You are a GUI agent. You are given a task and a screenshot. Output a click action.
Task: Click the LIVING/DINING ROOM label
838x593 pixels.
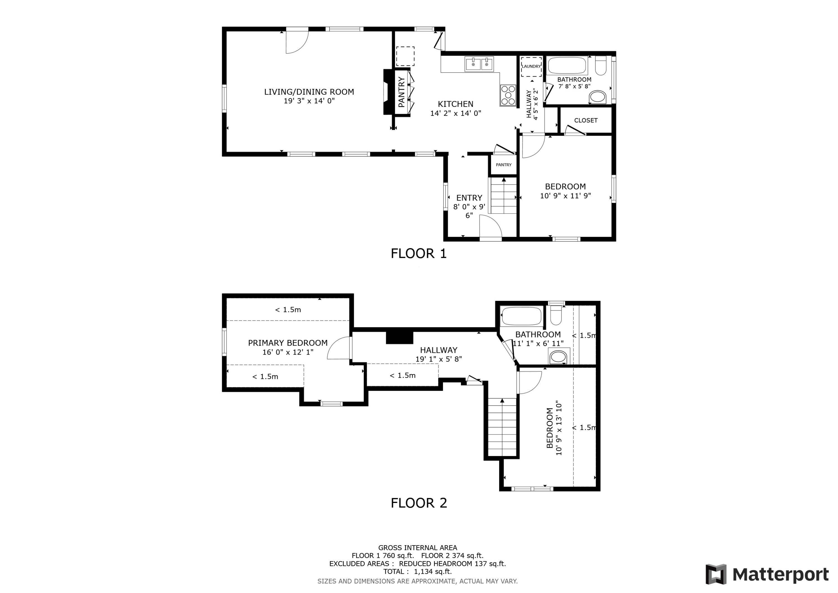click(309, 92)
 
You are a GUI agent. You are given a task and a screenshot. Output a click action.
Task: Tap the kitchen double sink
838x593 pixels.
click(479, 65)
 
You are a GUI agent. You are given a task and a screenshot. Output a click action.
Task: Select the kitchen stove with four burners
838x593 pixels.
click(508, 95)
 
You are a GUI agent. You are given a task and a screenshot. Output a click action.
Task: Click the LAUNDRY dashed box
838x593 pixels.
click(531, 67)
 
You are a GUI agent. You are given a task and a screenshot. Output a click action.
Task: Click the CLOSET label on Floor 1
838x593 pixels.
click(585, 120)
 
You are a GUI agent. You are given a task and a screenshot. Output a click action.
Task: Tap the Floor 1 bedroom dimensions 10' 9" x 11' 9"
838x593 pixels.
click(565, 196)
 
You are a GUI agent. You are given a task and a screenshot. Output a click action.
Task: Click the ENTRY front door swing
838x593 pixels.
click(490, 226)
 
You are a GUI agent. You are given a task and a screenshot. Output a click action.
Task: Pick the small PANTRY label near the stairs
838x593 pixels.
click(503, 165)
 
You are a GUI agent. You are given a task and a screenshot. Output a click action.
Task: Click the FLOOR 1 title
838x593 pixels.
click(419, 254)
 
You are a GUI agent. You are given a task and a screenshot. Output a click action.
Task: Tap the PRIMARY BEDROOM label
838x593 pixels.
click(288, 343)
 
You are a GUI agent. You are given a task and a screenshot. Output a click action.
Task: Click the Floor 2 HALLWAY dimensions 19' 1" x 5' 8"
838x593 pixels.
click(438, 359)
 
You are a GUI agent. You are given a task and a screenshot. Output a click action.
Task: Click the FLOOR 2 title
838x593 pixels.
click(419, 503)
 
